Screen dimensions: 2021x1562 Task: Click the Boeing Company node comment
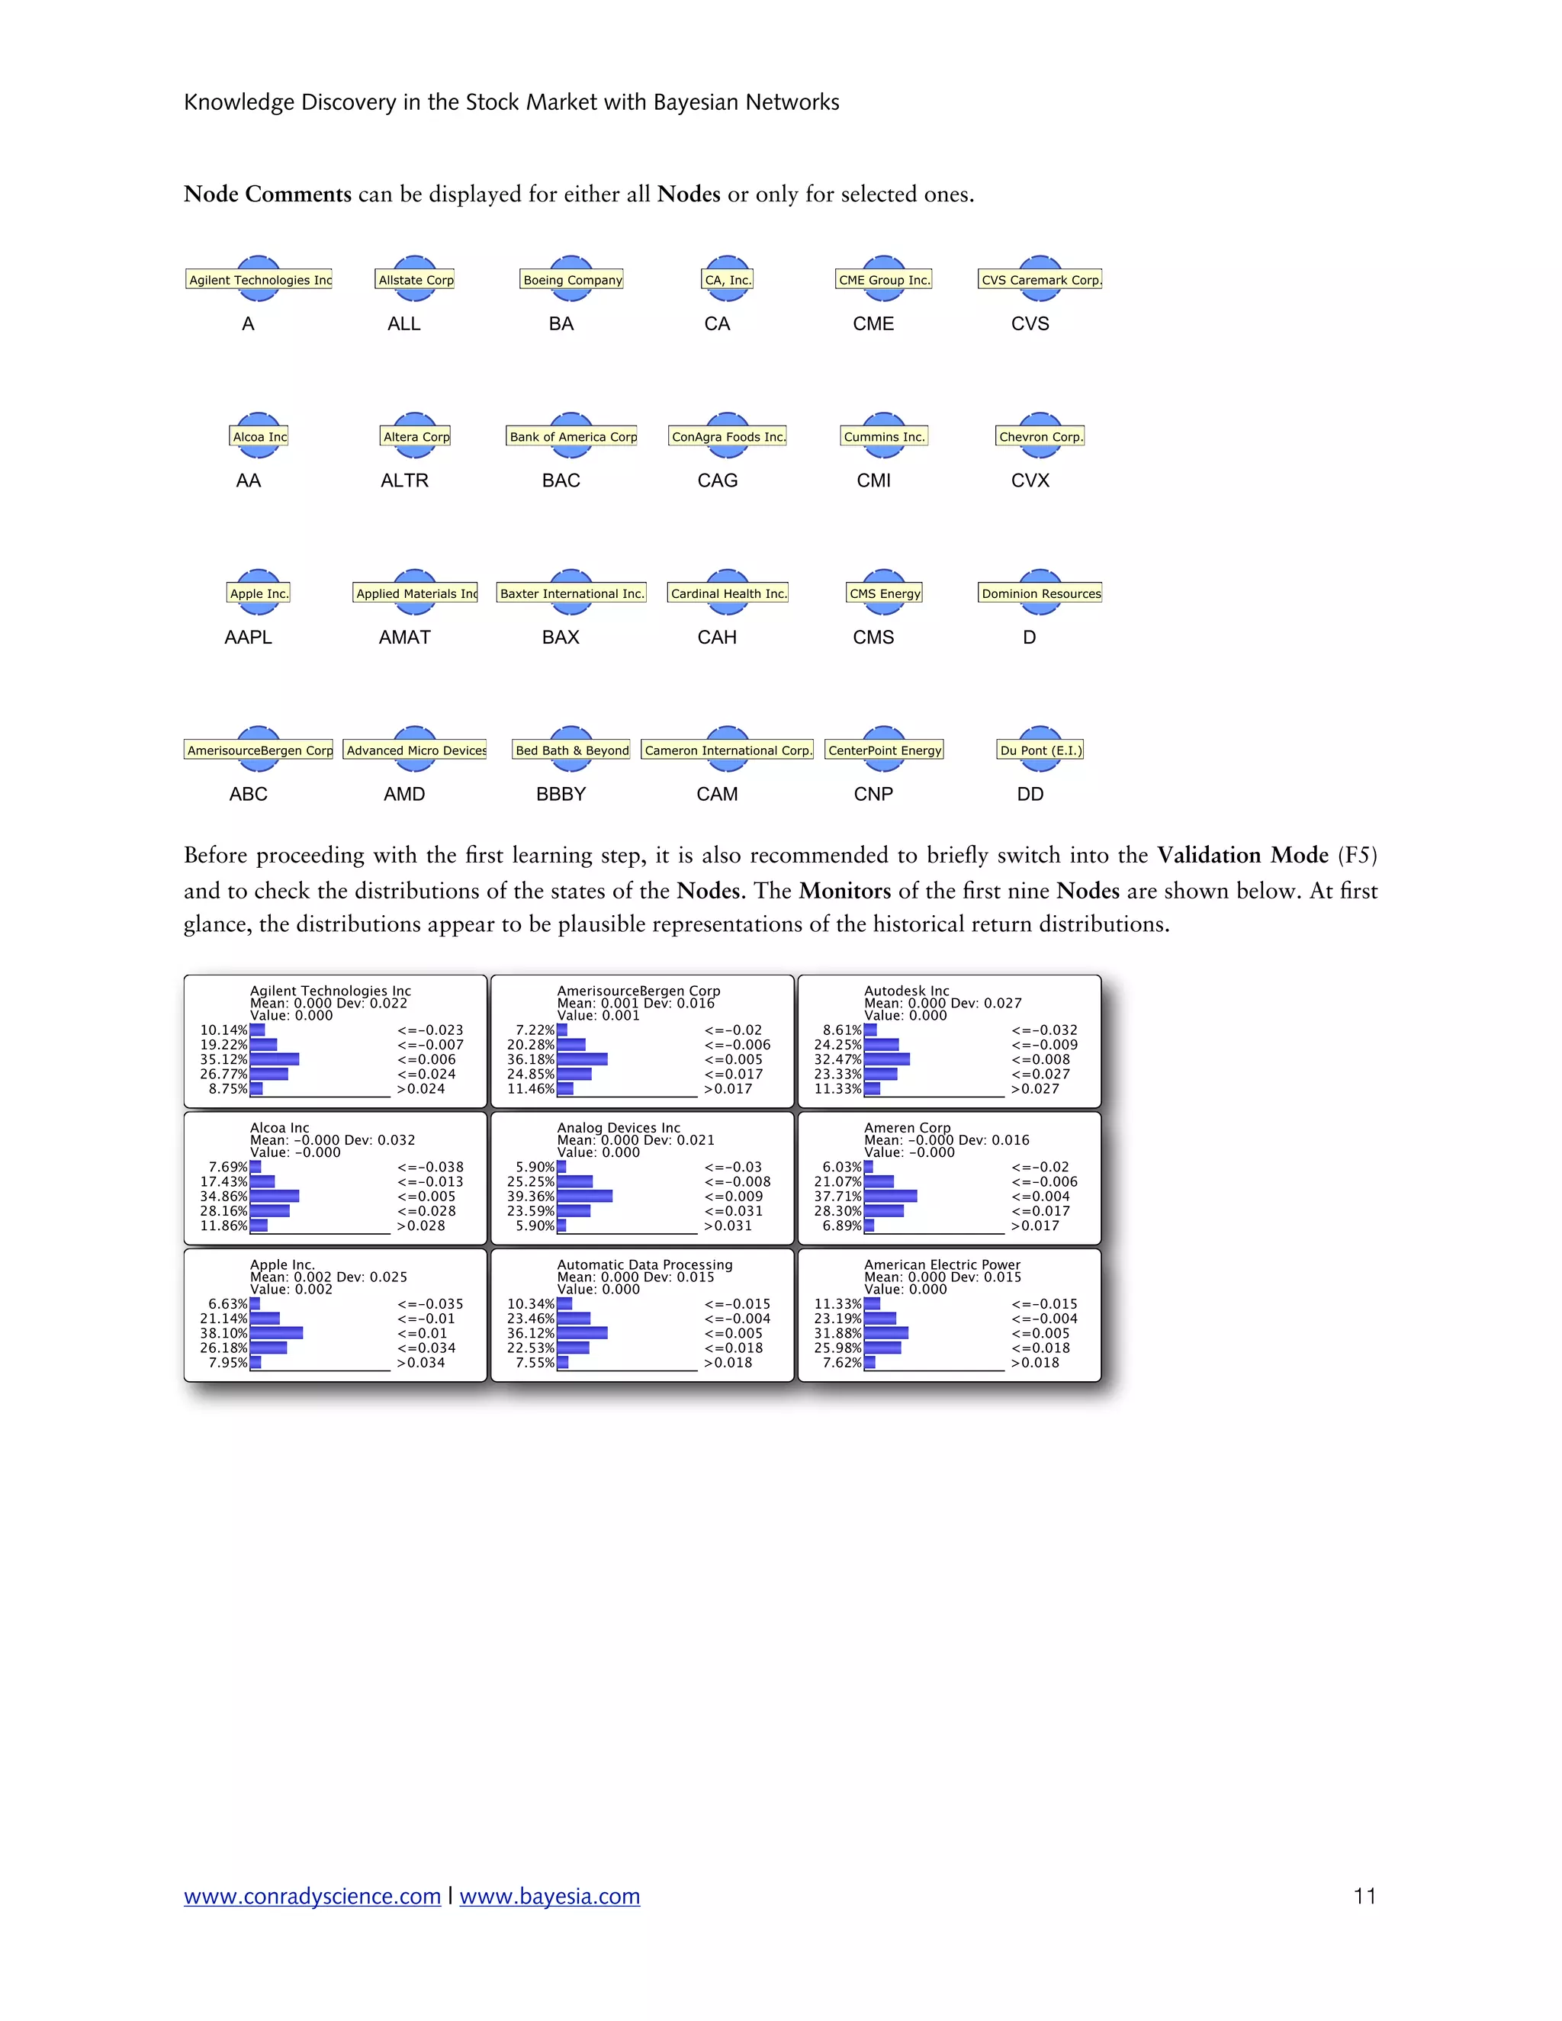(572, 279)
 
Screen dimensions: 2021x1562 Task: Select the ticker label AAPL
(248, 638)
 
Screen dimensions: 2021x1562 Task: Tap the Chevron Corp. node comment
(1040, 437)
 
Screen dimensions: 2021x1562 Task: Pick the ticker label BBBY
(561, 794)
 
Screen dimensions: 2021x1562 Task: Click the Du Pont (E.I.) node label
(1040, 750)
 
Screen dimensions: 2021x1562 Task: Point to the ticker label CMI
(873, 480)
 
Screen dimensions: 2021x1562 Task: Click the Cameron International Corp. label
(728, 750)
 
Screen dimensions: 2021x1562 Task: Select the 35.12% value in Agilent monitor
(224, 1059)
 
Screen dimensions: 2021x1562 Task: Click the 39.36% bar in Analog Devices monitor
(585, 1197)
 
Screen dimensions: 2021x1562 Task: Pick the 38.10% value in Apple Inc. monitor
(224, 1333)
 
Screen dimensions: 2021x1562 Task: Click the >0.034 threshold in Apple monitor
(421, 1363)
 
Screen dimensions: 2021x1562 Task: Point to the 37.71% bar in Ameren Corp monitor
(890, 1197)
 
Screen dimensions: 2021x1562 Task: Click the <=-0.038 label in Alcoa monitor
(430, 1167)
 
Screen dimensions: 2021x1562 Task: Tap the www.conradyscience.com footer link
(312, 1896)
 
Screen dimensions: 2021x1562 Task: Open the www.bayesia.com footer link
(550, 1896)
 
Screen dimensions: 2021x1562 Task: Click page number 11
(1364, 1896)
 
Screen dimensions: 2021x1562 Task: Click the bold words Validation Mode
(1242, 855)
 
